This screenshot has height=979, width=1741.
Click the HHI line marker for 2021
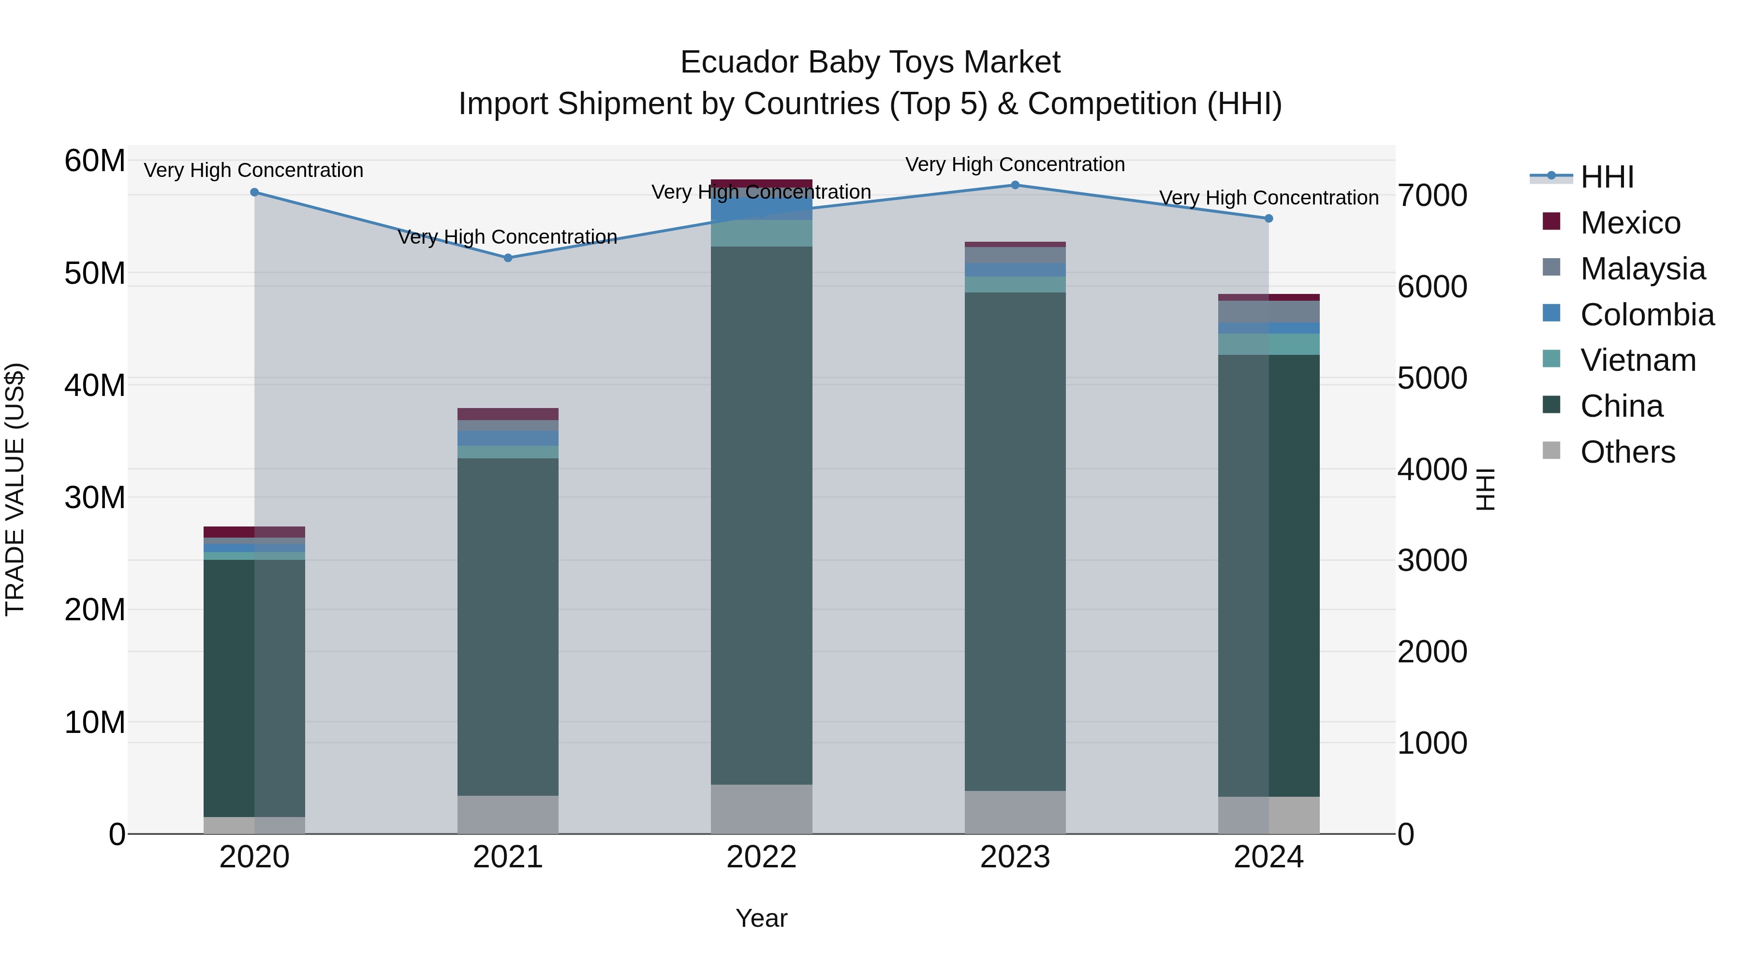click(508, 257)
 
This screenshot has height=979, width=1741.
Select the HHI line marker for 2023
click(1015, 185)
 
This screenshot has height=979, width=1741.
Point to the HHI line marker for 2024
click(1269, 218)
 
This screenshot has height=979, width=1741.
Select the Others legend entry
click(1627, 452)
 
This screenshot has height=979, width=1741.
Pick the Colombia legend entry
click(1646, 315)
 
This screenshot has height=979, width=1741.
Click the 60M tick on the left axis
click(95, 161)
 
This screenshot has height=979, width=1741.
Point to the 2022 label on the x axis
click(762, 857)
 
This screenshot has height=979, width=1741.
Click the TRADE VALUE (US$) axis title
click(15, 489)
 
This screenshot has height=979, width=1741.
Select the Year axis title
click(761, 918)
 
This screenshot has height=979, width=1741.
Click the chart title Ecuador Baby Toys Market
click(870, 62)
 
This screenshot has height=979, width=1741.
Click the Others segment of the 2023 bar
click(1015, 812)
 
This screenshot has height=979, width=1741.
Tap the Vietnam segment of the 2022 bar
click(762, 233)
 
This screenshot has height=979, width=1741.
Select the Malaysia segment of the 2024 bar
click(1269, 311)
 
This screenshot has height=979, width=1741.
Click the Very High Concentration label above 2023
click(1015, 164)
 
